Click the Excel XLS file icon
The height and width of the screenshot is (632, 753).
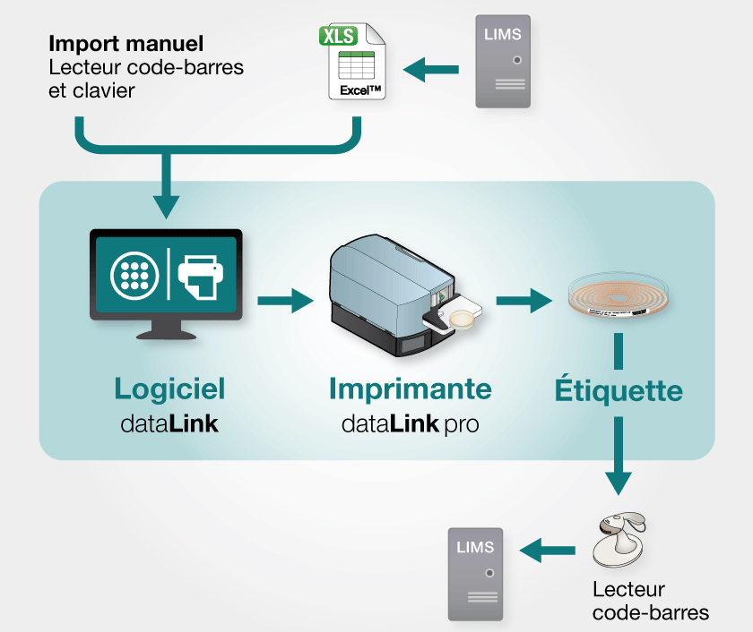coord(355,64)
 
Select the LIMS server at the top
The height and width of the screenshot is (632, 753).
coord(502,62)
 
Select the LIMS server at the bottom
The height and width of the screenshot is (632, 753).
coord(475,573)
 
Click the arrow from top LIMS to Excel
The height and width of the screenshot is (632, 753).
coord(431,68)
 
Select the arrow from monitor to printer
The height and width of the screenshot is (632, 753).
coord(286,301)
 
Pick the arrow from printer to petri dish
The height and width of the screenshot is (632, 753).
coord(524,301)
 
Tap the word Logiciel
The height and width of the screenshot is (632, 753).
coord(169,389)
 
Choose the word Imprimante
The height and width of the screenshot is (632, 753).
coord(410,389)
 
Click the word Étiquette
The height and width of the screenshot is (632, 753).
coord(618,390)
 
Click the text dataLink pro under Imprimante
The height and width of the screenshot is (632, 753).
coord(410,423)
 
